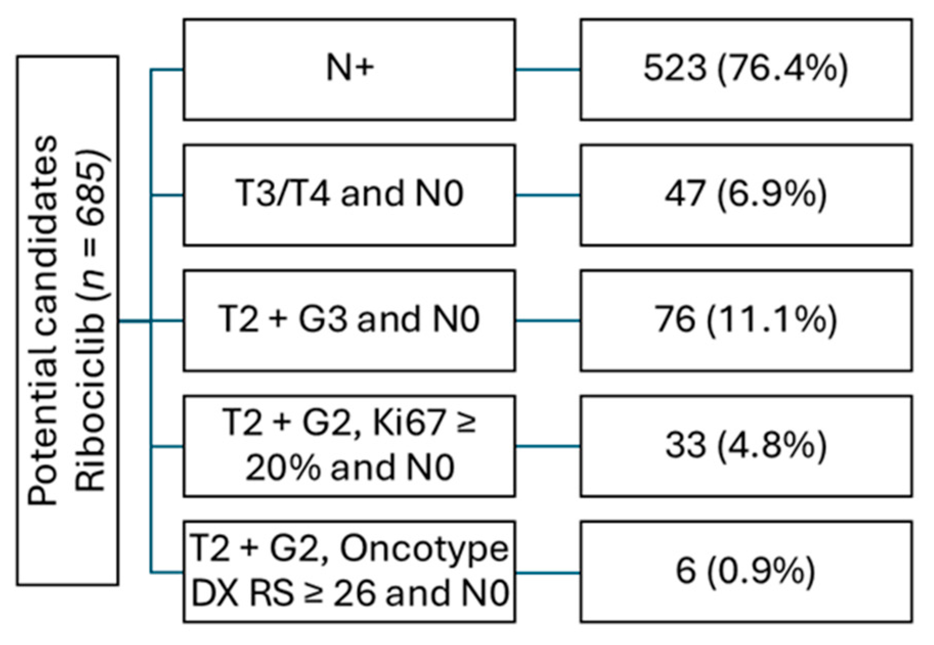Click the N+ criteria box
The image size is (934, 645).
pyautogui.click(x=349, y=70)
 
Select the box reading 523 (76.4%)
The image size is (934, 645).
pyautogui.click(x=746, y=70)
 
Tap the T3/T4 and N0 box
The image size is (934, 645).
pyautogui.click(x=349, y=195)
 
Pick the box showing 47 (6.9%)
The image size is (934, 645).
pyautogui.click(x=746, y=195)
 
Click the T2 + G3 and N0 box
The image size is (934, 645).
pyautogui.click(x=349, y=320)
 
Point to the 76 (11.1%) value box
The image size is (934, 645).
pyautogui.click(x=746, y=320)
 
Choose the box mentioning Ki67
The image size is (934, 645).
pyautogui.click(x=349, y=446)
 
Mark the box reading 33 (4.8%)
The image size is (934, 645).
pyautogui.click(x=746, y=446)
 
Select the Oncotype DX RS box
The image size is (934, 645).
pyautogui.click(x=349, y=571)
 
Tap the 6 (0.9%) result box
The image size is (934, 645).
pyautogui.click(x=746, y=571)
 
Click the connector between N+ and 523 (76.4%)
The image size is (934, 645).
pyautogui.click(x=548, y=70)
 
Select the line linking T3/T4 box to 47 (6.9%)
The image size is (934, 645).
pyautogui.click(x=548, y=195)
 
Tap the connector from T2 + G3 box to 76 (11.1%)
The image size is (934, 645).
pyautogui.click(x=548, y=321)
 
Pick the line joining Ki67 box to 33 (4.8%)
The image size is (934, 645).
pyautogui.click(x=548, y=446)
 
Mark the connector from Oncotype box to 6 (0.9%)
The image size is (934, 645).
pyautogui.click(x=548, y=572)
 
